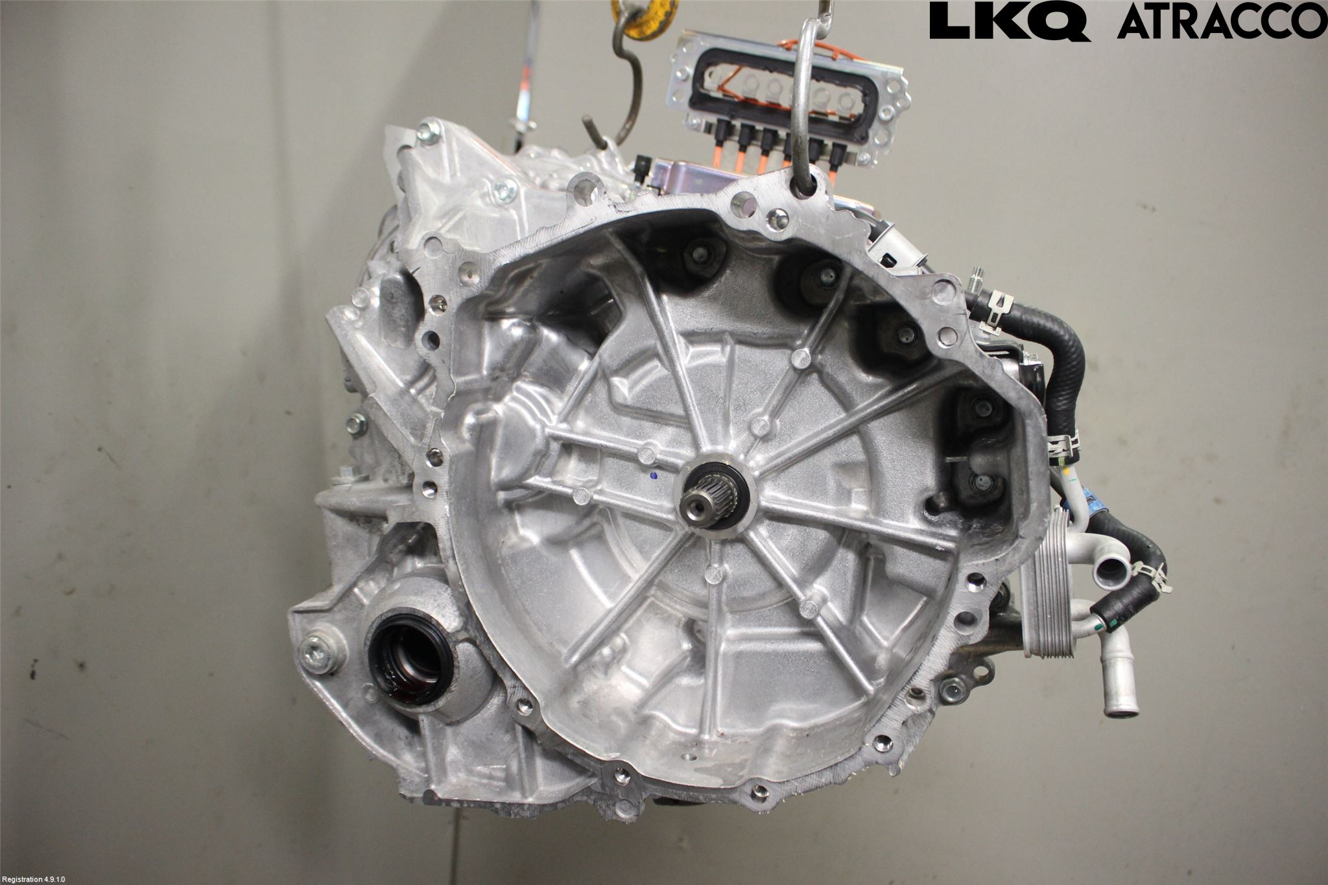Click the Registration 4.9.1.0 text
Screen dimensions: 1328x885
point(38,879)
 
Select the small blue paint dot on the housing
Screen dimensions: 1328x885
point(651,478)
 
